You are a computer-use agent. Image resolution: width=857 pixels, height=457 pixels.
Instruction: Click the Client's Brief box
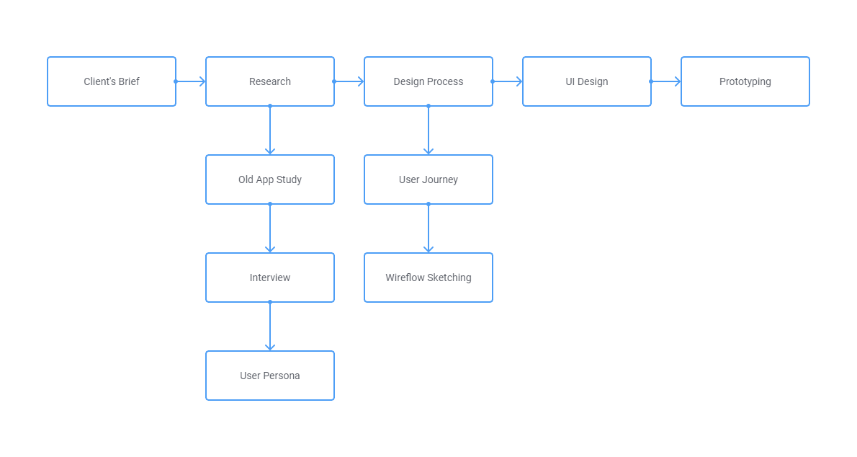(112, 81)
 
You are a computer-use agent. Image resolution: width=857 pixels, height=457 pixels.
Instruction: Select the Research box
(270, 81)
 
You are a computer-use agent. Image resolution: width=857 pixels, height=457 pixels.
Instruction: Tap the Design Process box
(428, 81)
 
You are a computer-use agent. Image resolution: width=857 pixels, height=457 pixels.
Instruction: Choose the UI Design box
(587, 81)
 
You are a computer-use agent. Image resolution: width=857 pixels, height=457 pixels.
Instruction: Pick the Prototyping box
(745, 81)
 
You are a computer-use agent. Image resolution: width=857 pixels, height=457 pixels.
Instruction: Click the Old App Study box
(270, 179)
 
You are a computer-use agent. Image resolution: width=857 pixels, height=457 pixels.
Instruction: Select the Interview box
(270, 278)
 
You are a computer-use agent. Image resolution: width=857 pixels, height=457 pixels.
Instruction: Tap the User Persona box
(270, 376)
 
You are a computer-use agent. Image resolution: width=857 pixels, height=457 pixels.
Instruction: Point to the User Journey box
(428, 179)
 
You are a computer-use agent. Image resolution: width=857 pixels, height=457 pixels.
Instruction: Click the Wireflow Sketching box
(428, 278)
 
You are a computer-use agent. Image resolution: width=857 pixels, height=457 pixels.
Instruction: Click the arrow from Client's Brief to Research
(191, 81)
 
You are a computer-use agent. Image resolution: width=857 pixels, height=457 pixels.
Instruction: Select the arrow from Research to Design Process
(349, 81)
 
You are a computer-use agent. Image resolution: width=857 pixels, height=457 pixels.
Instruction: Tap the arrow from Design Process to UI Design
(508, 81)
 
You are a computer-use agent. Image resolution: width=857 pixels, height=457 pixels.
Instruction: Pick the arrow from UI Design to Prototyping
(666, 81)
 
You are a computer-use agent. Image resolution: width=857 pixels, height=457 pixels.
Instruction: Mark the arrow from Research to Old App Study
(270, 130)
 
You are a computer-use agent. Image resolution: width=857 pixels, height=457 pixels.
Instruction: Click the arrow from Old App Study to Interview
(270, 228)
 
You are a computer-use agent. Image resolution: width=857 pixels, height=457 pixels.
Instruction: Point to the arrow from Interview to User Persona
(270, 327)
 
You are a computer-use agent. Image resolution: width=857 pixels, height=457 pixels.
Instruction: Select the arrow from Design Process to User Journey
(428, 130)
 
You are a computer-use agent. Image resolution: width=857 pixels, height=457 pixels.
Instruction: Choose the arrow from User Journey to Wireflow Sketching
(428, 228)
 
